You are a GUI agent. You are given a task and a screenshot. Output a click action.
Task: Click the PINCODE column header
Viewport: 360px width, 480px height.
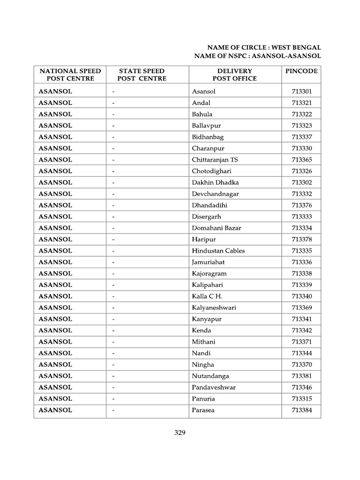click(x=301, y=71)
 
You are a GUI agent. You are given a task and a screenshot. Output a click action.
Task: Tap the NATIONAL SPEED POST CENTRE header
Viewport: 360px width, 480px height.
click(x=70, y=75)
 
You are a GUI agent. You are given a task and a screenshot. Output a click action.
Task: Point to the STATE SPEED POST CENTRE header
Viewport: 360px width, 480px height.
click(x=142, y=75)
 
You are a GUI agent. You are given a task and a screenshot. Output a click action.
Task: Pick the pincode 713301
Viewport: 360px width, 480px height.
click(x=301, y=91)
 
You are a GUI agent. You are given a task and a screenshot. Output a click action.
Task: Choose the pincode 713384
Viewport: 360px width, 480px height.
click(x=301, y=410)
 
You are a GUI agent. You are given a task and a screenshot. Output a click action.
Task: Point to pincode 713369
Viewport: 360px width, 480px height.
click(x=301, y=307)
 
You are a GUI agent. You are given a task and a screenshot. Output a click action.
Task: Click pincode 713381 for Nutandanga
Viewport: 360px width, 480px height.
click(x=301, y=376)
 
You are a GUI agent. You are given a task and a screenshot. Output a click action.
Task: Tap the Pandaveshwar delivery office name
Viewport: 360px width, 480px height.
click(x=214, y=387)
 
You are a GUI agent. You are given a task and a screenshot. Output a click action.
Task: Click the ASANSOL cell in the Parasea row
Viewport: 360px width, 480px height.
click(x=55, y=410)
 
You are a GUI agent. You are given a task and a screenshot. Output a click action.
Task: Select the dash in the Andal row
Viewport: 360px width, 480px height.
click(x=113, y=103)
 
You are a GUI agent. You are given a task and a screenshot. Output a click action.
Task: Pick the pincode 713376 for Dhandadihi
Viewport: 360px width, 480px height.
click(x=301, y=205)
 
